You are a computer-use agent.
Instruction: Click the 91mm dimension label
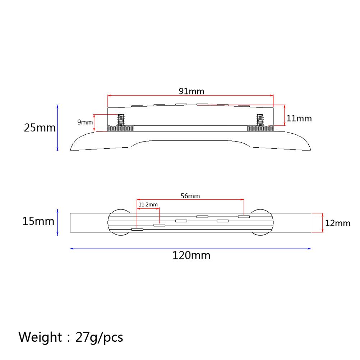coord(191,91)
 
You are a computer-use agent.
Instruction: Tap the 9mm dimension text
coord(85,122)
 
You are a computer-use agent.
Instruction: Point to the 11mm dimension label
coord(299,118)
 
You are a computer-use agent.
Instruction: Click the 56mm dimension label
coord(190,196)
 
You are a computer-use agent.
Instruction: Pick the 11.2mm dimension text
coord(148,204)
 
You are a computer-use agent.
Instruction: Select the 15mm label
coord(38,221)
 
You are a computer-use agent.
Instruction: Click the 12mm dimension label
coord(337,223)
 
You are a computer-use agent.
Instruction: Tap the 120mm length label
coord(191,256)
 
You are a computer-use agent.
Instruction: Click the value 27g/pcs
coord(99,337)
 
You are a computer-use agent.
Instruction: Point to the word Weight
coord(40,337)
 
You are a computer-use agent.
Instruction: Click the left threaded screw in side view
coord(121,120)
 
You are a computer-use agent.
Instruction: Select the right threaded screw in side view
coord(260,120)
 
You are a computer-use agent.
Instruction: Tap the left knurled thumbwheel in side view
coord(121,129)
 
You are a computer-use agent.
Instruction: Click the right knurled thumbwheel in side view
coord(260,129)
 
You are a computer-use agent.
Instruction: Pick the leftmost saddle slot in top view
coord(137,229)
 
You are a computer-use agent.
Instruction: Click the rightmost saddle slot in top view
coord(244,217)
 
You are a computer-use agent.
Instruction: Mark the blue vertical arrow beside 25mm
coord(57,128)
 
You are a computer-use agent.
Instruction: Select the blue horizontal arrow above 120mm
coord(190,248)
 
